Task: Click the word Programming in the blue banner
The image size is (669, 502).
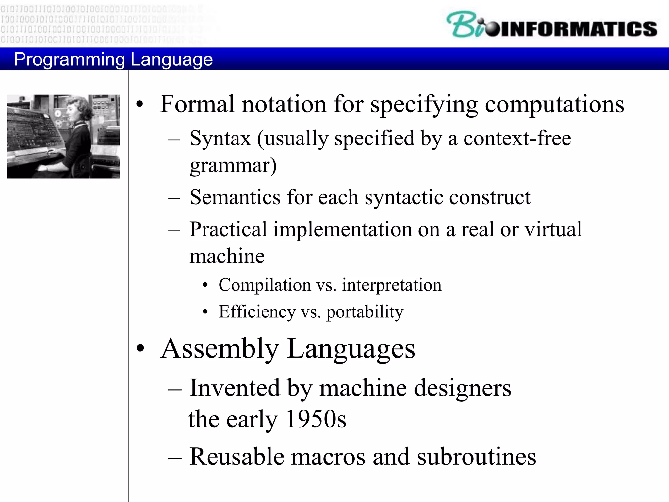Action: (x=70, y=60)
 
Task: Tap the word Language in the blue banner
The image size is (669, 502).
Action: (x=171, y=60)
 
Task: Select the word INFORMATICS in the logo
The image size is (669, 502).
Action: (x=578, y=29)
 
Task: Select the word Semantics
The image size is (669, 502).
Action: (x=235, y=197)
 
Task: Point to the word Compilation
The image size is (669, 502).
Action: (x=265, y=285)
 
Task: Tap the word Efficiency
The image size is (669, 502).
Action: (x=257, y=312)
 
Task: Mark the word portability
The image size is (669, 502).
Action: (x=365, y=312)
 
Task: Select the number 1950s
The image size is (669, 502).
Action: (x=316, y=419)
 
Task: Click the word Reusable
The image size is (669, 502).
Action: (x=237, y=457)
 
